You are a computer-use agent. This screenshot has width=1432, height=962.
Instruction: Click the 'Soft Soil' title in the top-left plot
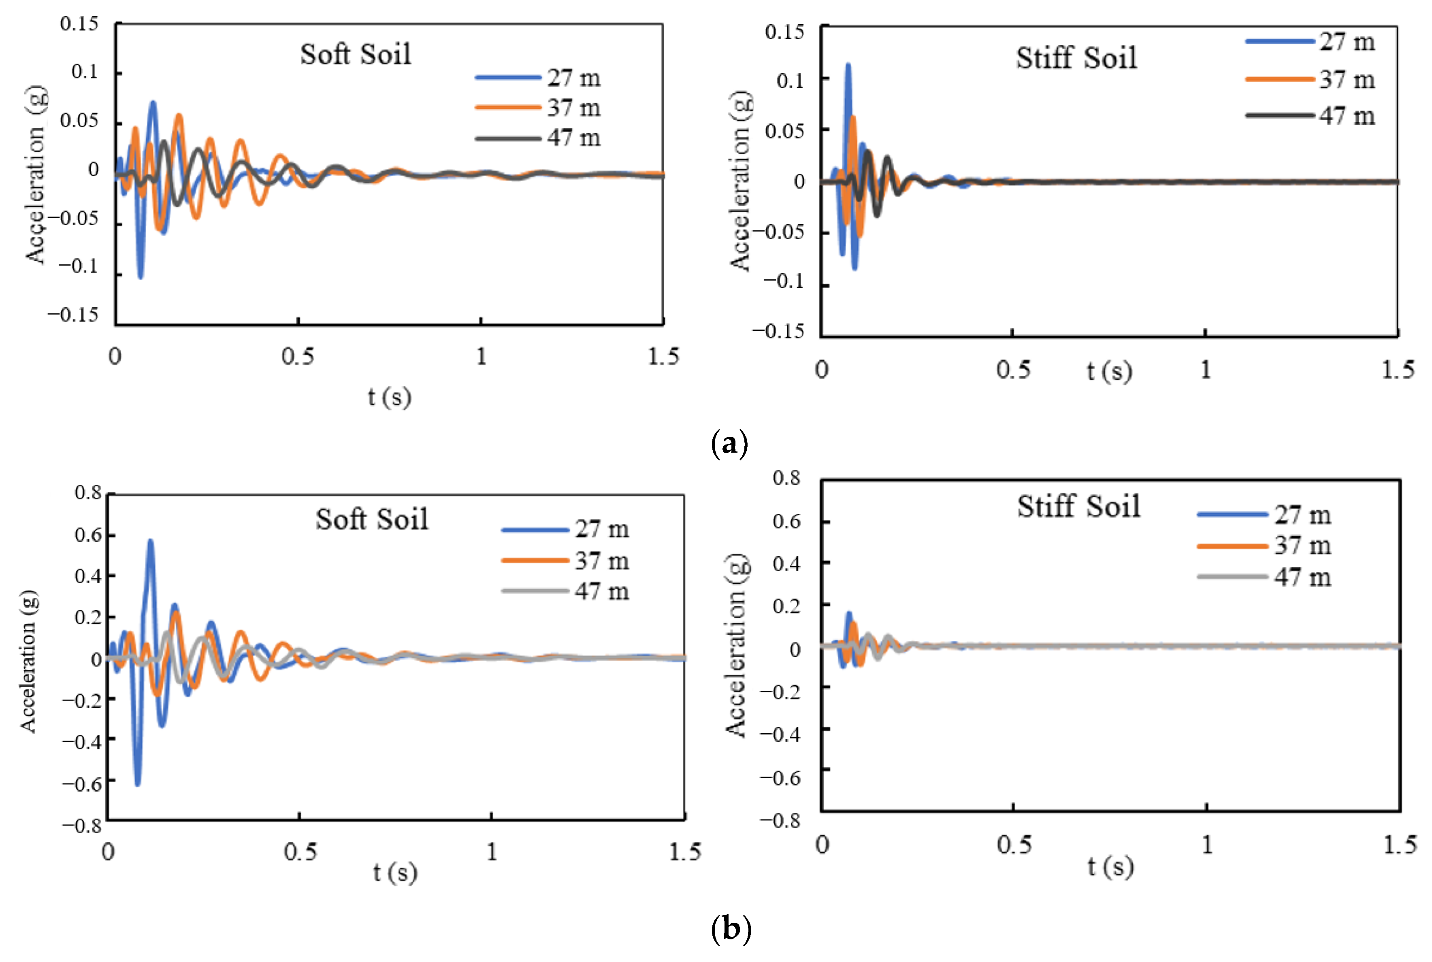click(x=355, y=54)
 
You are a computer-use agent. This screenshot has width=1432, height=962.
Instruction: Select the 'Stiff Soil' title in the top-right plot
click(x=1076, y=57)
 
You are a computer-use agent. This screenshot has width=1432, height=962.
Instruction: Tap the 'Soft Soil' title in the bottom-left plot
click(x=372, y=519)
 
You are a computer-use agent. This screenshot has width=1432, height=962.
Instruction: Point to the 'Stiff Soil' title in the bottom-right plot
click(x=1078, y=507)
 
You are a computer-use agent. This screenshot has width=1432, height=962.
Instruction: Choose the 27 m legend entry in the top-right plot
click(x=1310, y=42)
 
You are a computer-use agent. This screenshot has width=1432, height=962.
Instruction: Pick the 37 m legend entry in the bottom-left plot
click(x=565, y=560)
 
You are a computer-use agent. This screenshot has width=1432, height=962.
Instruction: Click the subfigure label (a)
click(x=729, y=443)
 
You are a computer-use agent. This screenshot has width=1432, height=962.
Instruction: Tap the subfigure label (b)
click(x=731, y=928)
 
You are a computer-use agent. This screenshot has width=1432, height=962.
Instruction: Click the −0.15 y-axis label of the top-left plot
click(x=73, y=315)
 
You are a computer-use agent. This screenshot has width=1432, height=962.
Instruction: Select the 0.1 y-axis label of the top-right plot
click(x=790, y=80)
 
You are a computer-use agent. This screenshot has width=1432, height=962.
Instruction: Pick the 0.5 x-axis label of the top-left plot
click(x=298, y=356)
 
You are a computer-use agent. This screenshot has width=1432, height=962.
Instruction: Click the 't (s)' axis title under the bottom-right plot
click(x=1110, y=867)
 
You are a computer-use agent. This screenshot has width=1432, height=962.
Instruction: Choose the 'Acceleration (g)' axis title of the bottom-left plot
click(x=28, y=662)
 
